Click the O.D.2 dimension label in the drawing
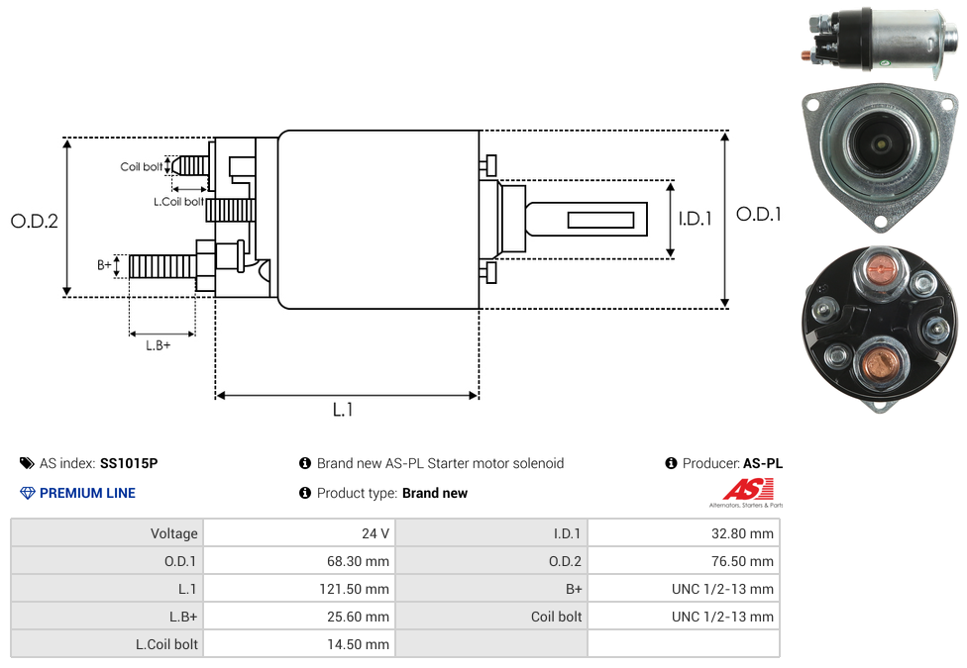pos(35,221)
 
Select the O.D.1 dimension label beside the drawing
pos(759,214)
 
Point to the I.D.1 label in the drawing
pos(696,219)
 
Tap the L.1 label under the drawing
pos(343,410)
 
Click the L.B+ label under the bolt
pos(159,345)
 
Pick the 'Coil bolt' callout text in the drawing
pos(142,166)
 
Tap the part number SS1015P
pos(129,463)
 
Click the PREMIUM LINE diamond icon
pos(28,493)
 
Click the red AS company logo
pos(746,489)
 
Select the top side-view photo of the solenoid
pos(876,40)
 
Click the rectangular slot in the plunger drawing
pos(600,219)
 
